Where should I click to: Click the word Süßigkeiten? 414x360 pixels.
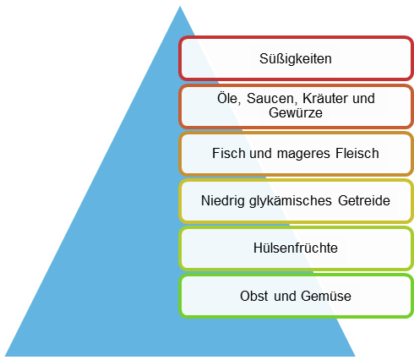(296, 59)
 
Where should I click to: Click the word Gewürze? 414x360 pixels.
(296, 112)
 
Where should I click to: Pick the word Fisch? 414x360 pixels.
(228, 153)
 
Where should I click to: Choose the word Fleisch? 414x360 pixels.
(357, 153)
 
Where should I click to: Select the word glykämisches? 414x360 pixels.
(291, 201)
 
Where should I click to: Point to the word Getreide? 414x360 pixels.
(364, 200)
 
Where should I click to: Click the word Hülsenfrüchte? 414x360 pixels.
(296, 248)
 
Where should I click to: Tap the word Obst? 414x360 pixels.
(253, 296)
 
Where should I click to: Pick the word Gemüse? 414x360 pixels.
(326, 296)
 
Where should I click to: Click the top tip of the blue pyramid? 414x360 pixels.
(180, 7)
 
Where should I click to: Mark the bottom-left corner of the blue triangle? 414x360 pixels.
(5, 356)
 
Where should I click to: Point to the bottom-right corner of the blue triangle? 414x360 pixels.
(356, 356)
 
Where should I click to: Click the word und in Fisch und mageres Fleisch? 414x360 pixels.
(260, 153)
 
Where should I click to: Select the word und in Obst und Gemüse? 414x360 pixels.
(285, 296)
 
